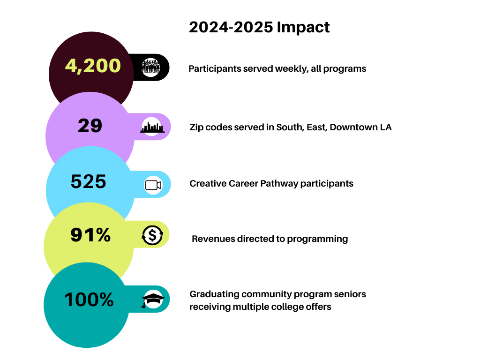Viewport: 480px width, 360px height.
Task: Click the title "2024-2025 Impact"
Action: click(259, 27)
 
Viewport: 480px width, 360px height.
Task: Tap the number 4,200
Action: click(93, 66)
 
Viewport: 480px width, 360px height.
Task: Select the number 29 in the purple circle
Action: click(90, 126)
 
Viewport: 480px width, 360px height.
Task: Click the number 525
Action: click(89, 181)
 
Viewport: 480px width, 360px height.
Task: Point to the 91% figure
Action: click(90, 235)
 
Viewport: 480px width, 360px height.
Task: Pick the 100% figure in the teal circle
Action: click(89, 300)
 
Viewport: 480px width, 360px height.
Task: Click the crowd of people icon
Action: click(151, 67)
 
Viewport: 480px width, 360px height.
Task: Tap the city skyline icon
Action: click(152, 127)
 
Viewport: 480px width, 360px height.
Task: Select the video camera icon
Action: click(153, 185)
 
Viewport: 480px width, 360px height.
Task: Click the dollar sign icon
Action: click(152, 235)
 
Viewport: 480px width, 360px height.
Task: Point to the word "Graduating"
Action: click(214, 294)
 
